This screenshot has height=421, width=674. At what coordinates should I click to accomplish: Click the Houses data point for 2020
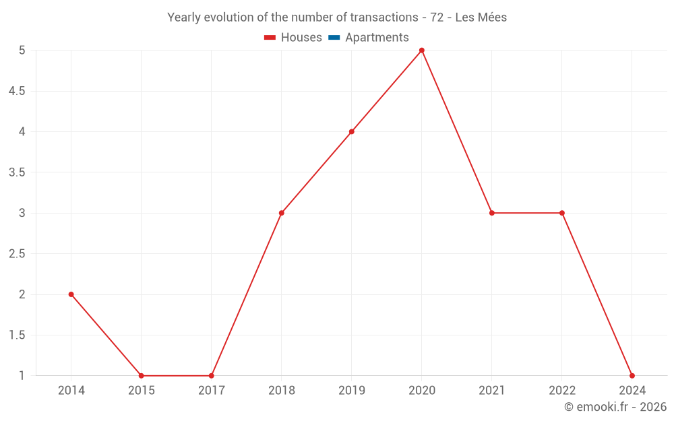click(x=422, y=51)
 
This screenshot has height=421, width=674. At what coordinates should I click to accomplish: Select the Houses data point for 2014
click(x=71, y=294)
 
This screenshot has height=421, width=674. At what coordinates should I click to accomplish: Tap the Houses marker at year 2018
click(x=282, y=213)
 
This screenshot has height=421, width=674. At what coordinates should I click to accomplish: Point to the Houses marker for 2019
click(x=352, y=132)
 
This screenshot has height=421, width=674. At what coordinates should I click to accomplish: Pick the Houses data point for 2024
click(x=632, y=376)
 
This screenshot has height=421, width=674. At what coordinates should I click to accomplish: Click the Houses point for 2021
click(x=492, y=213)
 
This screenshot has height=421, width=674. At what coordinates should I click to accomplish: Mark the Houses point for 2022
click(x=562, y=213)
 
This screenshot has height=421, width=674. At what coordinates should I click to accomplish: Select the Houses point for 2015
click(x=142, y=376)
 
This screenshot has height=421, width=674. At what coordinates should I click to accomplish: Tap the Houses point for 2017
click(x=212, y=376)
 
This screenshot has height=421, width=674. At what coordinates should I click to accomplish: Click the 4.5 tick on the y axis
click(x=17, y=91)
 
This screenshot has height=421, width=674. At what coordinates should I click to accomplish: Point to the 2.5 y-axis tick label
click(x=17, y=254)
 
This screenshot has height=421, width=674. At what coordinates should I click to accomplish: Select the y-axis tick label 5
click(x=22, y=51)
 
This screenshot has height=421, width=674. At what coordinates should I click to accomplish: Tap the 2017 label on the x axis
click(x=212, y=390)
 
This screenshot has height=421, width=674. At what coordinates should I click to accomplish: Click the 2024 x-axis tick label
click(x=632, y=390)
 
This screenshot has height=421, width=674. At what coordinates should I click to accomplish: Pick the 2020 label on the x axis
click(x=422, y=390)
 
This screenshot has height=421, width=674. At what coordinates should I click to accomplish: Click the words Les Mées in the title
click(x=481, y=18)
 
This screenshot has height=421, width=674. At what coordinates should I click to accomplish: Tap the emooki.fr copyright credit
click(x=615, y=407)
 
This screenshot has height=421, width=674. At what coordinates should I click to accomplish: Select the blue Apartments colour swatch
click(x=334, y=38)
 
